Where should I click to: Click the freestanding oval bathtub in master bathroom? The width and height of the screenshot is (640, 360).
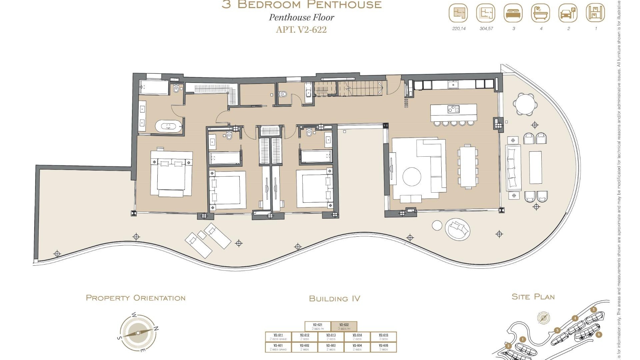[x=169, y=126]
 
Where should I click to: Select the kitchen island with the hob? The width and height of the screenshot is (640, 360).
[x=453, y=113]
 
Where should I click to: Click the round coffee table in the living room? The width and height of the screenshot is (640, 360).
[x=412, y=176]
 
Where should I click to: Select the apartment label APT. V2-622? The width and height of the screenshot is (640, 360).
[x=301, y=30]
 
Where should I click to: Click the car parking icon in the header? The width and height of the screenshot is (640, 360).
[x=568, y=14]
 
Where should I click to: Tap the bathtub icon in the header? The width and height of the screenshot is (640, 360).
[x=540, y=14]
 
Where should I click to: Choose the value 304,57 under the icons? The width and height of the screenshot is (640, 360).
[x=486, y=29]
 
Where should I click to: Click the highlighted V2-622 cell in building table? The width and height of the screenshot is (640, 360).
[x=344, y=326]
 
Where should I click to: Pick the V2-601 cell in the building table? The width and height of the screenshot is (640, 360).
[x=278, y=347]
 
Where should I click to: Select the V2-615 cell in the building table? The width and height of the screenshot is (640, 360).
[x=383, y=337]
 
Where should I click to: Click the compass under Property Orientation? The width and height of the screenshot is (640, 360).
[x=138, y=332]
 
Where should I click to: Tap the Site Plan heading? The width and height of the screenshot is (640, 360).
[x=533, y=297]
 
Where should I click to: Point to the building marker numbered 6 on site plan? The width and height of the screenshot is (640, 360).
[x=599, y=334]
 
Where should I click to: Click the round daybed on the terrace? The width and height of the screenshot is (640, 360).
[x=457, y=229]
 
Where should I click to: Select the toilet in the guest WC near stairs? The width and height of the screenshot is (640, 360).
[x=283, y=94]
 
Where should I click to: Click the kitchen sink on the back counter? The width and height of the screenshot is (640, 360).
[x=453, y=85]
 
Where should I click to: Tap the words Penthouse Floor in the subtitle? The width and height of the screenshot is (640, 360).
[x=301, y=17]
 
